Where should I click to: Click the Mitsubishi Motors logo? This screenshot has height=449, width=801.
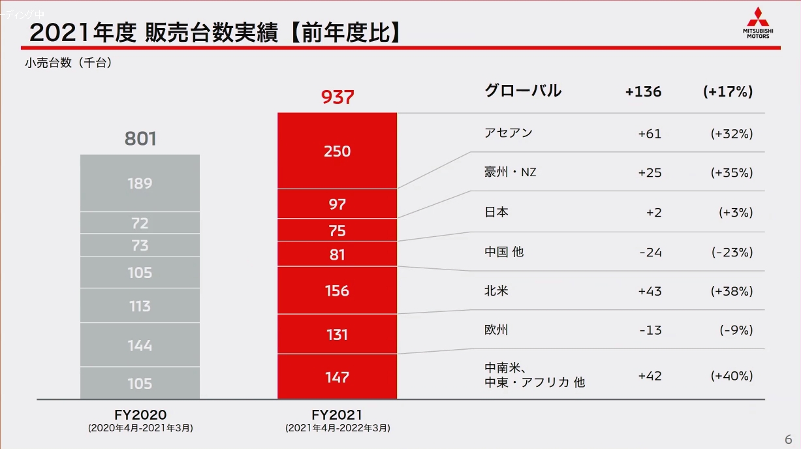757,23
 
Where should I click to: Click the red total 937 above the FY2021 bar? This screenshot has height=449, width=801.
338,97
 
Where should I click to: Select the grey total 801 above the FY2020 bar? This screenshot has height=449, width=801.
140,139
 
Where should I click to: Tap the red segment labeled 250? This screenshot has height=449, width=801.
338,151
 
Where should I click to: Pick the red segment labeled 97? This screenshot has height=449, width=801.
338,204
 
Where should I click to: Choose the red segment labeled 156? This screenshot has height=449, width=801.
338,291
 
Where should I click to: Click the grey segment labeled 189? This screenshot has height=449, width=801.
140,183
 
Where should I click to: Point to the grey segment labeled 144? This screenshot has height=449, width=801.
140,345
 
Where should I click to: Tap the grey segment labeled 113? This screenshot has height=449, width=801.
140,306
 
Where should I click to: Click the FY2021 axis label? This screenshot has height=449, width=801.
337,415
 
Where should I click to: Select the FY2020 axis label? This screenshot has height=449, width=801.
140,415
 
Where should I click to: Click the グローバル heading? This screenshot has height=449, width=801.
523,91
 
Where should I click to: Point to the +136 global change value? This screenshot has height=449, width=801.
643,92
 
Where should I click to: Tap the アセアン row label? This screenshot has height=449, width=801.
509,133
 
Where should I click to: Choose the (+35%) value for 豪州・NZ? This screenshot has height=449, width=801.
731,173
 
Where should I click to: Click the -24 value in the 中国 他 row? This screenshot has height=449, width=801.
650,252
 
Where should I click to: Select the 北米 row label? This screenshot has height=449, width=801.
496,291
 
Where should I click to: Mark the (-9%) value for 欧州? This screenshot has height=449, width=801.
736,330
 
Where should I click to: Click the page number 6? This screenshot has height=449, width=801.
788,438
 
